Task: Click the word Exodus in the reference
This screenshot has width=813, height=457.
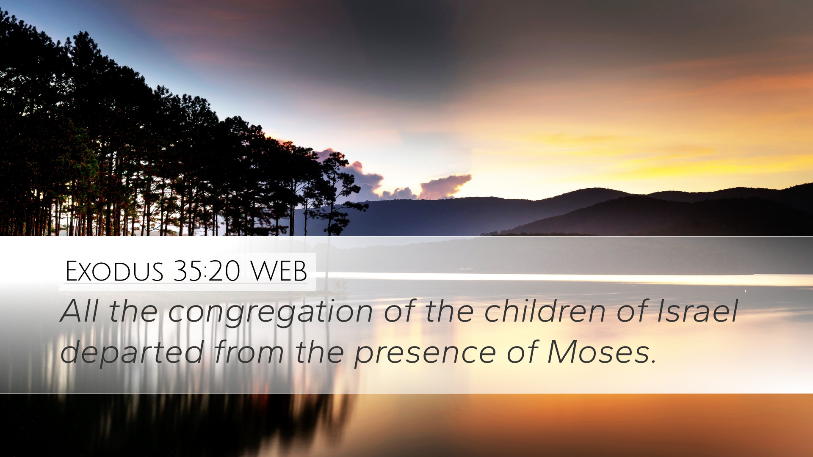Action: point(114,271)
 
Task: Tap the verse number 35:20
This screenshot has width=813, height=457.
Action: point(207,271)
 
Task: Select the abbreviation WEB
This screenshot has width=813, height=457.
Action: point(279,271)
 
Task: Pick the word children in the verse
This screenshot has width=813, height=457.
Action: point(545,311)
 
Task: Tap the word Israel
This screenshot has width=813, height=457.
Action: point(697,311)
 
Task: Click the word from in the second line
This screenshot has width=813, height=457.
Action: point(249,352)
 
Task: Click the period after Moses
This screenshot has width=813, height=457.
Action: point(653,362)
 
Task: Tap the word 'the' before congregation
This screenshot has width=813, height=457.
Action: point(133,311)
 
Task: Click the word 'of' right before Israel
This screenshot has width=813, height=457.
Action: point(631,311)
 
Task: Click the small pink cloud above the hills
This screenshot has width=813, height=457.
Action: point(445,186)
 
